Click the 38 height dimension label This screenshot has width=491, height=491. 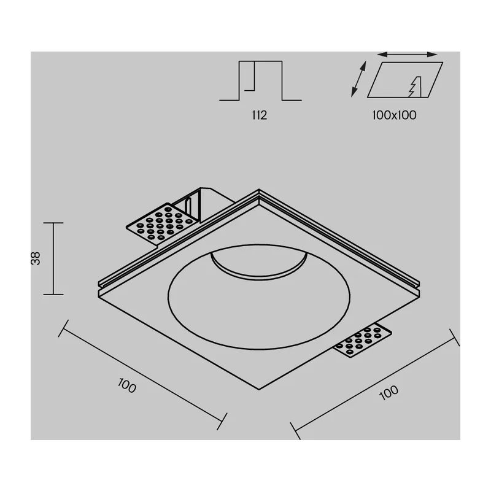tap(36, 258)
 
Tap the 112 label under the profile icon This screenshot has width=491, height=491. tap(259, 115)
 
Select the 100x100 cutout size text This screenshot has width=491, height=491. tap(394, 115)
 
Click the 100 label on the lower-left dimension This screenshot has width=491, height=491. tap(127, 385)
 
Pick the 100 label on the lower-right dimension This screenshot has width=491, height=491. tap(389, 393)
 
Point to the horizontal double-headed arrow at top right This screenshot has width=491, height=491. tap(407, 55)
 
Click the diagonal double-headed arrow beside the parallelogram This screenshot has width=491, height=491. tap(358, 79)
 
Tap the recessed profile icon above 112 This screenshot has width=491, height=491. tap(260, 81)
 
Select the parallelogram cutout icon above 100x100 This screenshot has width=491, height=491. tap(405, 80)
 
